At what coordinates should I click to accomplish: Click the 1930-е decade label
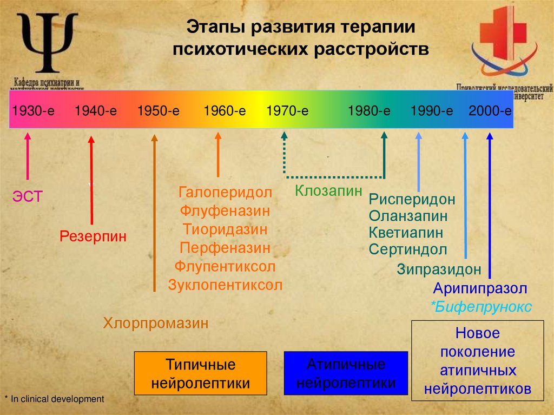point(34,111)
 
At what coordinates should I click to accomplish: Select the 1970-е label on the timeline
point(287,111)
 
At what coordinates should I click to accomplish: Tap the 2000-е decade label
point(490,111)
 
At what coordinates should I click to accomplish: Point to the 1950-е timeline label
point(158,111)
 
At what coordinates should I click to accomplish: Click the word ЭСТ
point(28,196)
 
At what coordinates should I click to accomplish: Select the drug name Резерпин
point(93,236)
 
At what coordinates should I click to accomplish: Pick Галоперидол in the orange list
point(226,193)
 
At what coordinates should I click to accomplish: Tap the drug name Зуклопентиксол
point(226,285)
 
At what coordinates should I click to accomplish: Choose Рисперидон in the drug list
point(412,199)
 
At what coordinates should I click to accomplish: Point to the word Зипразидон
point(439,269)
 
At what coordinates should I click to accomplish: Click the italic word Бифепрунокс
point(482,307)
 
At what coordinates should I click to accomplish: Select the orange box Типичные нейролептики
point(200,373)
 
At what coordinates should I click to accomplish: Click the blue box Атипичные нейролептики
point(346,373)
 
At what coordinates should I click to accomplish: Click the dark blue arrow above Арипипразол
point(490,206)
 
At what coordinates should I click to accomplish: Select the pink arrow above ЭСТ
point(28,157)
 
